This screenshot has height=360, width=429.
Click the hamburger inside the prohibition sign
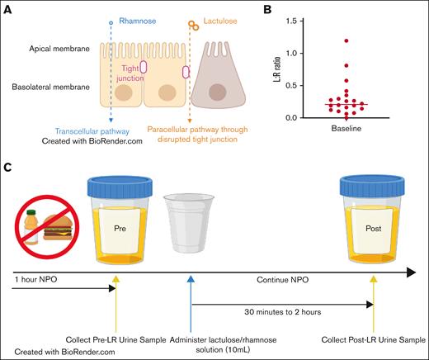(x=49, y=232)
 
